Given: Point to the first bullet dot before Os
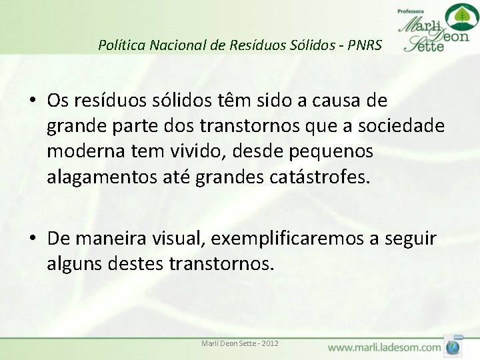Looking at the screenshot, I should (32, 101).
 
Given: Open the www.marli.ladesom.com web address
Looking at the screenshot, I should (384, 347).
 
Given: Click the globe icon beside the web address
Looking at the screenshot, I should (453, 347).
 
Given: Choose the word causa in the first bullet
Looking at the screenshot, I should (336, 101).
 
